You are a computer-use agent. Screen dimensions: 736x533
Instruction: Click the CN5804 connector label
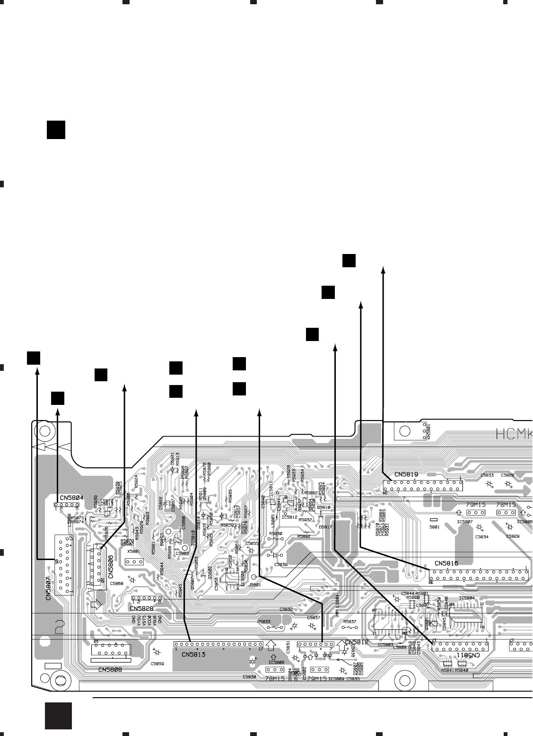point(72,498)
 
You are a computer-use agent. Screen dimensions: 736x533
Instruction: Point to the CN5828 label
point(141,608)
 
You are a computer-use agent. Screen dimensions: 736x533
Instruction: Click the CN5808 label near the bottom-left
point(110,669)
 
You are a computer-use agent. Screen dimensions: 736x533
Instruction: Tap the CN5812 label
point(357,642)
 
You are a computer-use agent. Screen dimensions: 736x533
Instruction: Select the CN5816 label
point(446,563)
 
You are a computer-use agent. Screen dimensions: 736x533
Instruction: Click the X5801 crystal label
point(134,552)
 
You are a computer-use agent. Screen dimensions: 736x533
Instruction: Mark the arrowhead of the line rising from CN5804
point(58,411)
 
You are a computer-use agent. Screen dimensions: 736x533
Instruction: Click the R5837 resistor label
point(350,622)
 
